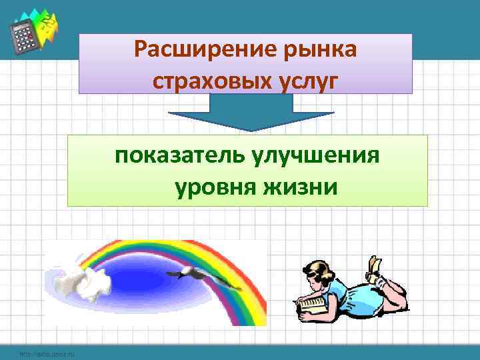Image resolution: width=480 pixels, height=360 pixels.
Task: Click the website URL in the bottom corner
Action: pyautogui.click(x=47, y=353)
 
